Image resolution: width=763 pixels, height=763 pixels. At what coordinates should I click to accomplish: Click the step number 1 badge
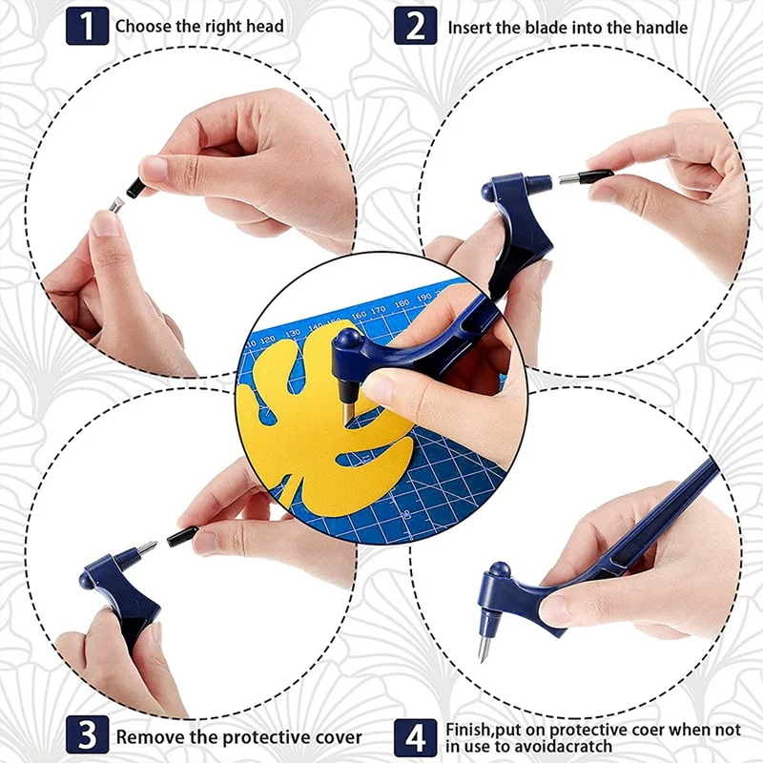[x=87, y=26]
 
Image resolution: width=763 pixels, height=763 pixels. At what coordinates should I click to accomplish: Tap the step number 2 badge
[x=416, y=26]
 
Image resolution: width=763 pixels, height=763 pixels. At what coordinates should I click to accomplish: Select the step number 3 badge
[x=87, y=736]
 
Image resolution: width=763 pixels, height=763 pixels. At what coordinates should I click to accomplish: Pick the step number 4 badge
[x=416, y=736]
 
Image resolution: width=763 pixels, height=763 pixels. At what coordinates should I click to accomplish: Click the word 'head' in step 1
[x=264, y=27]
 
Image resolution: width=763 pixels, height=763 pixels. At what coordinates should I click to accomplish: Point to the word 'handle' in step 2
[x=661, y=28]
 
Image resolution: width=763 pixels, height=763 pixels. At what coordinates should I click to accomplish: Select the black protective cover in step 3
[x=182, y=536]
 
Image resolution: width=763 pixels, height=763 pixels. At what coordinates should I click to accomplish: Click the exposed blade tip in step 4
[x=484, y=650]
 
